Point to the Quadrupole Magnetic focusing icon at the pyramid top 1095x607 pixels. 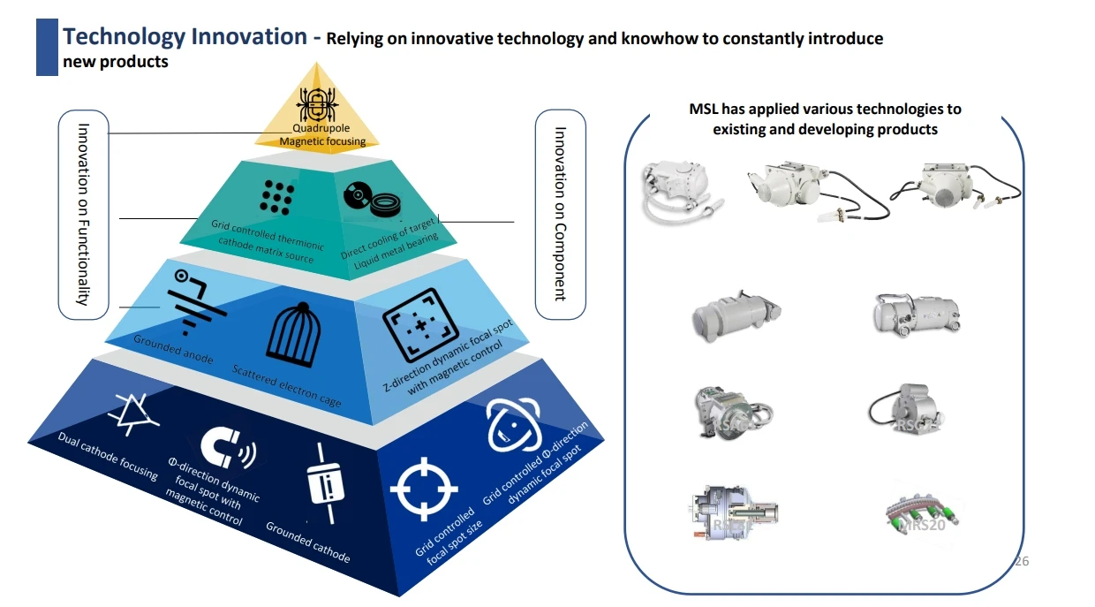click(x=317, y=107)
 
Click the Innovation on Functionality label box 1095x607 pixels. click(x=83, y=215)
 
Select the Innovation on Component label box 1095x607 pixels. click(x=560, y=215)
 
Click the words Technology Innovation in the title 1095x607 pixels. click(x=185, y=37)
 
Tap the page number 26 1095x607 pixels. click(x=1023, y=561)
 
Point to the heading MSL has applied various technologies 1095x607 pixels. click(x=825, y=119)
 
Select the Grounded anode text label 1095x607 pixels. click(x=173, y=349)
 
